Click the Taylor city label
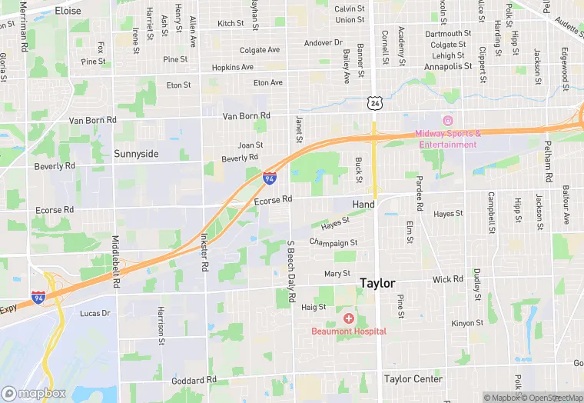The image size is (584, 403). [x=378, y=284]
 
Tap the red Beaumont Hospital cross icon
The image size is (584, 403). [x=348, y=318]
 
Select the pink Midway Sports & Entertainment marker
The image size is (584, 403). [x=447, y=121]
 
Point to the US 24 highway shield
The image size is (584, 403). [x=373, y=102]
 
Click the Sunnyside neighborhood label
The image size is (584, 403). [x=136, y=154]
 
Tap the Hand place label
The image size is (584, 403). [x=363, y=205]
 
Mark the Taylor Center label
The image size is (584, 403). [x=413, y=379]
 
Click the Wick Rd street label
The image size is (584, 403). [x=447, y=279]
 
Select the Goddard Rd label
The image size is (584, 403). [x=194, y=381]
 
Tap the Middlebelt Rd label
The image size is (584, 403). [x=116, y=261]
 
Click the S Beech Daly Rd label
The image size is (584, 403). [x=290, y=274]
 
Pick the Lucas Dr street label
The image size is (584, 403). [x=95, y=314]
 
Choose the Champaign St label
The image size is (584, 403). [x=333, y=243]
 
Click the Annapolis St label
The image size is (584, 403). [x=448, y=67]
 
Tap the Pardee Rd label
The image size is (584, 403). [x=420, y=194]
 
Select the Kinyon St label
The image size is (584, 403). [x=468, y=324]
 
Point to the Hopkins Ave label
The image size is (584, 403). [x=233, y=68]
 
